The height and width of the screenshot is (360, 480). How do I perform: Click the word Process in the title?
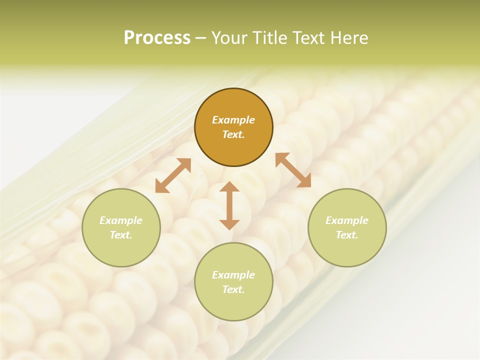tap(157, 37)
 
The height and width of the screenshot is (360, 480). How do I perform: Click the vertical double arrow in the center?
tap(229, 205)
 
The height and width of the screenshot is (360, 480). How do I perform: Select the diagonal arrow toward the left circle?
tap(173, 175)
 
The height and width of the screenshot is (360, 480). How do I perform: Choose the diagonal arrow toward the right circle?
tap(293, 170)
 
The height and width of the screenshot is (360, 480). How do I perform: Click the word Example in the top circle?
tap(233, 120)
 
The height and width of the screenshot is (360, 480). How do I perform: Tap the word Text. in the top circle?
tap(233, 134)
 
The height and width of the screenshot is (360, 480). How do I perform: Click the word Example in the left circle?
tap(121, 220)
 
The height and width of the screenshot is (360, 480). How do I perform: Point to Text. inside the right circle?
tap(347, 235)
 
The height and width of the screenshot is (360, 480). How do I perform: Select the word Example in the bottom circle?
tap(233, 275)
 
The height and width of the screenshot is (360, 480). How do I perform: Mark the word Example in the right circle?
tap(347, 220)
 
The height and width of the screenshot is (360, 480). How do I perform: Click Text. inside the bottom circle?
tap(233, 289)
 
